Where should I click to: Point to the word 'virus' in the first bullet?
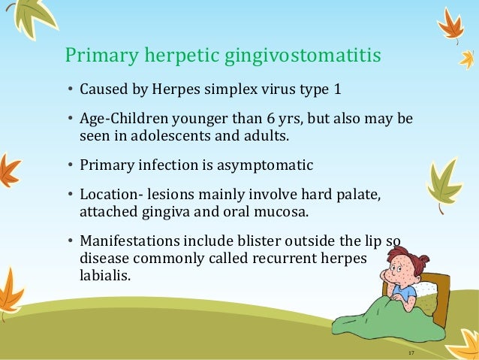click(x=281, y=92)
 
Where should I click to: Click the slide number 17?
click(x=411, y=352)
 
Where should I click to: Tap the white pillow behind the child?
click(x=426, y=290)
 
